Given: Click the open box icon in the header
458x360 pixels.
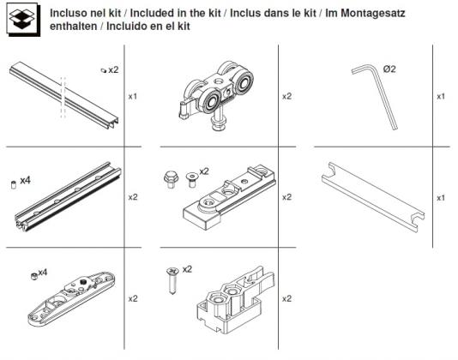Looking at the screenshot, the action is pos(23,19).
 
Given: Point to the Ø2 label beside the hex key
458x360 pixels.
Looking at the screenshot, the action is pos(389,69).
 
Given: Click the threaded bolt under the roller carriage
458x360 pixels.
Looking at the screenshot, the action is pos(219,121).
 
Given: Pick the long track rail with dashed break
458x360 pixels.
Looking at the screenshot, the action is pos(64,94).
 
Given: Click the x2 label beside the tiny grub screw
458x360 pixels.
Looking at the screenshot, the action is pos(113,70).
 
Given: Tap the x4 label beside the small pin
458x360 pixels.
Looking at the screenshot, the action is pos(25,181).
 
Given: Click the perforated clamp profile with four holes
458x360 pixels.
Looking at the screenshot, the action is pos(68,196).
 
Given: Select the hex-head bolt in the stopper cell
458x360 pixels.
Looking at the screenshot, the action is pos(171,179).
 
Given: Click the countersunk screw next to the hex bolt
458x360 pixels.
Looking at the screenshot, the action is pos(191,179).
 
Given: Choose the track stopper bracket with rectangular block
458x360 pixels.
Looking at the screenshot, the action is pos(229,197).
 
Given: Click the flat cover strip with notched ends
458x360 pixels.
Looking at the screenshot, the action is pos(373,196).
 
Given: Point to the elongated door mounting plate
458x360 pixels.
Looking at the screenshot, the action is pos(71,298).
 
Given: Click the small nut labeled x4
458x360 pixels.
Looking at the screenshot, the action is pos(34,276).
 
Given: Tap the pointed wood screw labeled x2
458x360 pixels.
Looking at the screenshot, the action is pos(172,280).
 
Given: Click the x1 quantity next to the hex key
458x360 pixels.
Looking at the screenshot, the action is pos(441,97).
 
